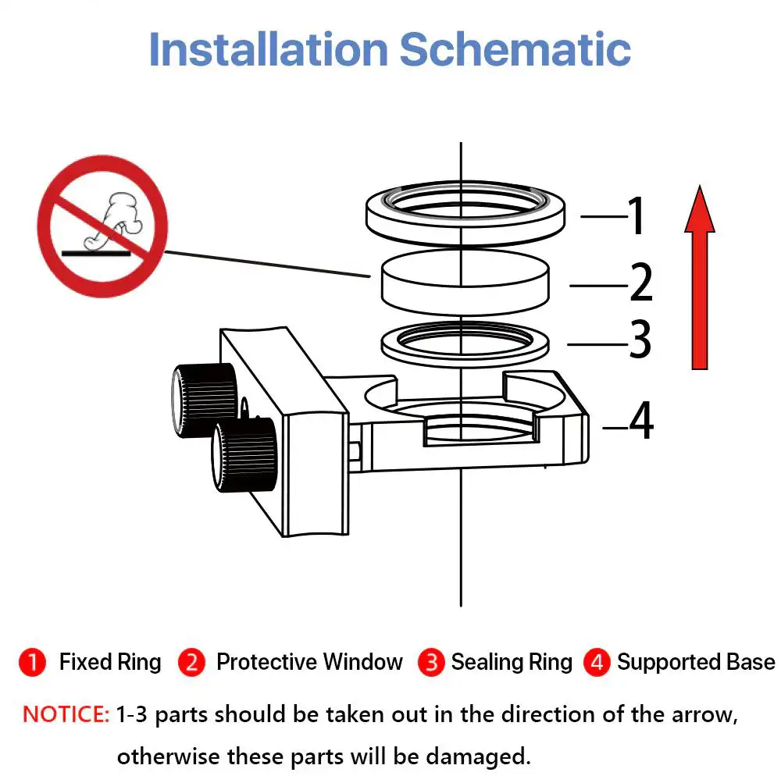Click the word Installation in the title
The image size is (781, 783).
269,49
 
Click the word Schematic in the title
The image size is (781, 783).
515,49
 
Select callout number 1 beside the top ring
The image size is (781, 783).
636,215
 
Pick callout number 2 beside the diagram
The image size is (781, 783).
641,282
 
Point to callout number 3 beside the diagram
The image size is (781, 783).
640,339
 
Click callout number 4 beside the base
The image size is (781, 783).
641,421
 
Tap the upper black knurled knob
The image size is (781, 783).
204,400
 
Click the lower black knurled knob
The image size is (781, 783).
244,454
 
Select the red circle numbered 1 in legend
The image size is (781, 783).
33,662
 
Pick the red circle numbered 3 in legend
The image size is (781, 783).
431,662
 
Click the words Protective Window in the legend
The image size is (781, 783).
309,662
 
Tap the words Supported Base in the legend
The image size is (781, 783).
696,662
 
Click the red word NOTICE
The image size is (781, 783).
66,714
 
